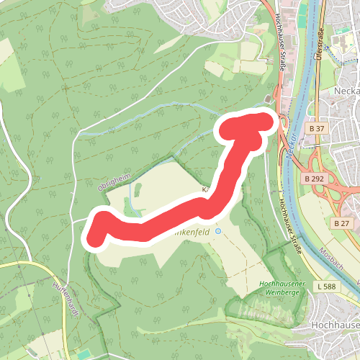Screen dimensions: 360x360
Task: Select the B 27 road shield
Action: [x=341, y=224]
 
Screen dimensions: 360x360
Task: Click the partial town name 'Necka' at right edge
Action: [x=347, y=91]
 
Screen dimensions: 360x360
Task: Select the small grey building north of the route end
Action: [x=269, y=99]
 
